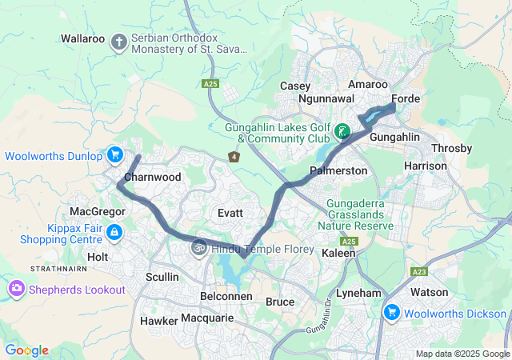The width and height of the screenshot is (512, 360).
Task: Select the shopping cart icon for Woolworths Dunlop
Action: (115, 154)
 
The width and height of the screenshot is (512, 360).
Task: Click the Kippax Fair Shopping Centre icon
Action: (114, 232)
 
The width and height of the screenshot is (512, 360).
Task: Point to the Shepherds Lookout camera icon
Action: (16, 288)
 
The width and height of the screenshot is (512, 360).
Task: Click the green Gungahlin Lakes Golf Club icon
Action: (342, 131)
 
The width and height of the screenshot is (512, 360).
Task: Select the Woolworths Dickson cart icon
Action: (391, 312)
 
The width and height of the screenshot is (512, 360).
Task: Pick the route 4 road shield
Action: (234, 157)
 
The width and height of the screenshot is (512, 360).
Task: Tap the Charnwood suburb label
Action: (153, 177)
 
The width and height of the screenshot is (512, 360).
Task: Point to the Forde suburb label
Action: (406, 100)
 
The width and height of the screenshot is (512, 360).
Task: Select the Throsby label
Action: (452, 149)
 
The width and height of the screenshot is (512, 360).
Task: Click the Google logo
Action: (26, 350)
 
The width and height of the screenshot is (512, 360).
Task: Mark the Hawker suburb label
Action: (158, 320)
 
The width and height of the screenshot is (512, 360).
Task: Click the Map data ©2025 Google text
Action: (462, 354)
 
